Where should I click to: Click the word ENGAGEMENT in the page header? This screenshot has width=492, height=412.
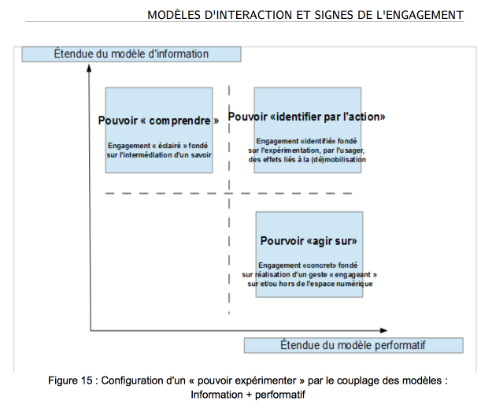pos(424,15)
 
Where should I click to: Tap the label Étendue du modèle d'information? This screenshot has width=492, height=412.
pos(131,54)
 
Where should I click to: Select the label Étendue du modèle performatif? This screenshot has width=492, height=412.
pos(353,345)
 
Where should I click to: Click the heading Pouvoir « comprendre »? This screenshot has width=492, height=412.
pos(158,121)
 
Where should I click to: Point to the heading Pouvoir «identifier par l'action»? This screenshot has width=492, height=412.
pos(306,117)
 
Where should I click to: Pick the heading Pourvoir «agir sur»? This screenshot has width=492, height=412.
pos(309,241)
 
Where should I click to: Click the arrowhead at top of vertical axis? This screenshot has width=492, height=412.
pos(89,67)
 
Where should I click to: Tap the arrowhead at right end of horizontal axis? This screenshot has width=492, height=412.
pos(383,330)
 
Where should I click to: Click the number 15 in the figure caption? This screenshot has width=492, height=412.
pos(87,380)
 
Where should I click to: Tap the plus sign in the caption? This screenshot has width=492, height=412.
pos(249,395)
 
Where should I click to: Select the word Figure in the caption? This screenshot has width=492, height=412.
pos(62,380)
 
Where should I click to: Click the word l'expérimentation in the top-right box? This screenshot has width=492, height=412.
pos(290,150)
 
